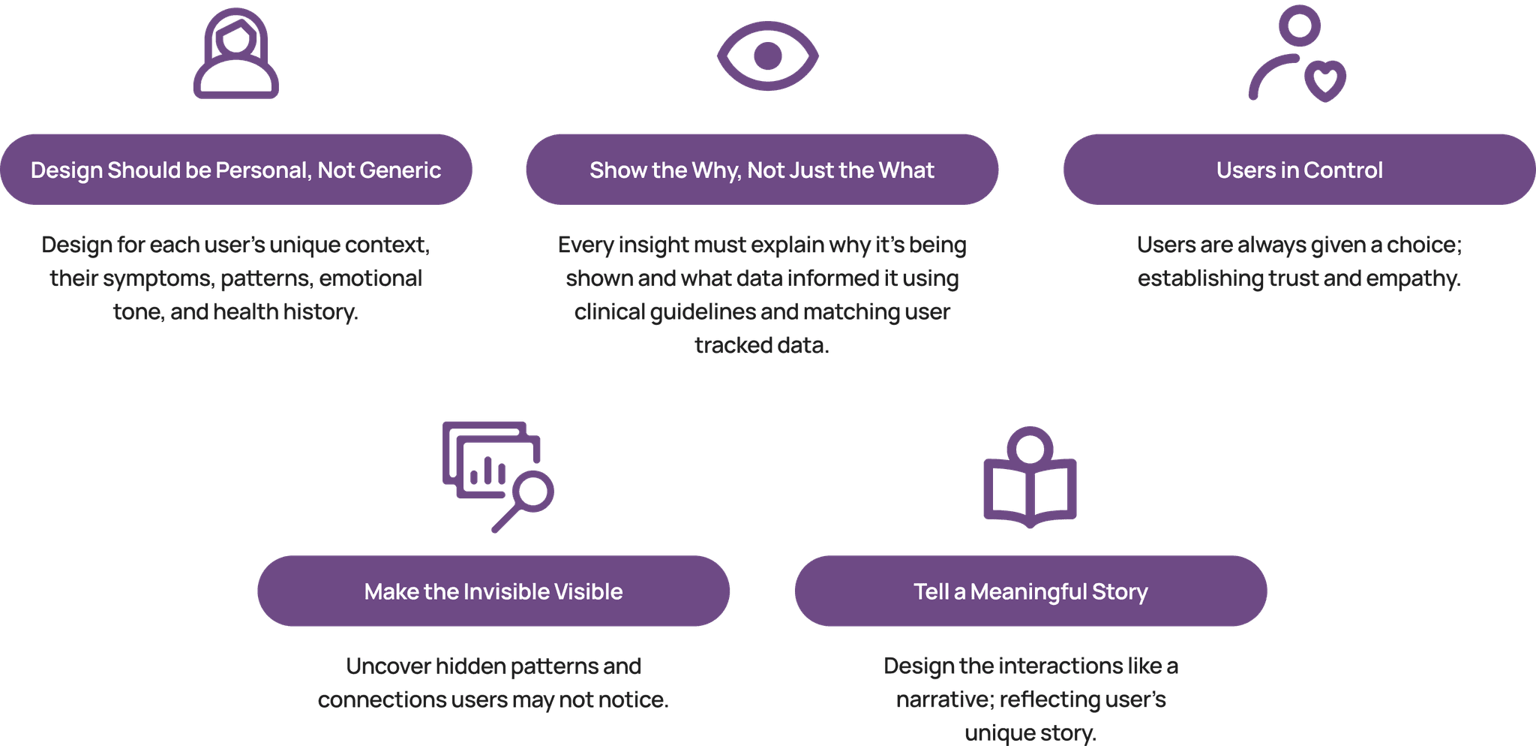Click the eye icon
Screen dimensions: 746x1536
(x=767, y=56)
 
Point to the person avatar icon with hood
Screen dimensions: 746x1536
(x=235, y=54)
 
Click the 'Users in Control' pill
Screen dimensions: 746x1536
(x=1299, y=170)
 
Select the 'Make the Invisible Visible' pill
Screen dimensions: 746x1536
(x=493, y=591)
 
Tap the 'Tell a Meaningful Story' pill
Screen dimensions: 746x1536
(x=1030, y=591)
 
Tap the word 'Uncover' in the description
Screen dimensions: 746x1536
(x=388, y=666)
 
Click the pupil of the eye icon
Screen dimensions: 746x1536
(x=767, y=56)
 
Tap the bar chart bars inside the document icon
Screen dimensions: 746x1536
(x=487, y=473)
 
